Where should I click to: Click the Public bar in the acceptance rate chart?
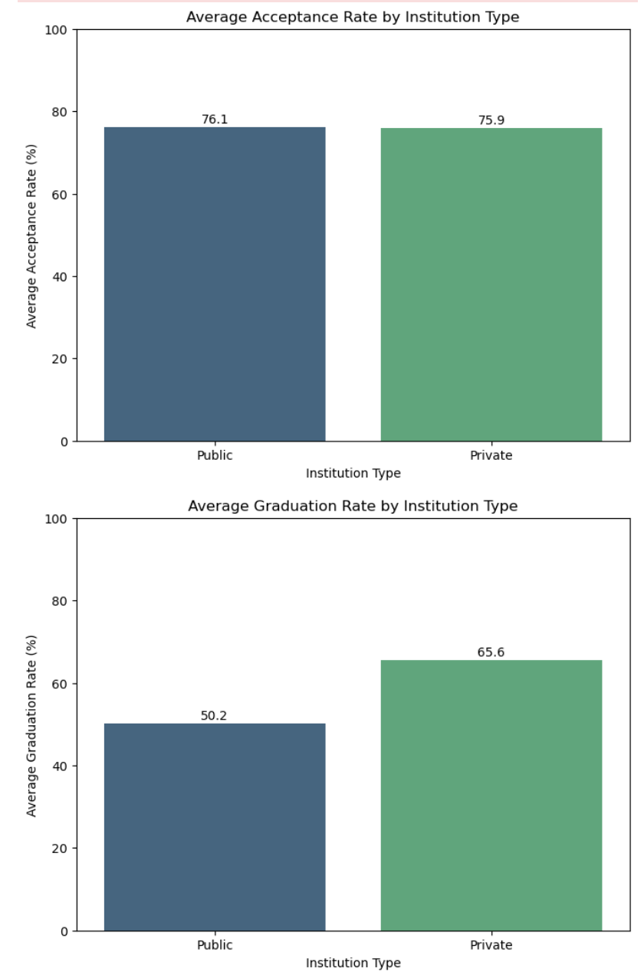[215, 284]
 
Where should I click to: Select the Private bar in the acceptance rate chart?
[491, 284]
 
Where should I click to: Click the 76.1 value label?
[215, 120]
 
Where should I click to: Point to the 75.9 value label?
[491, 120]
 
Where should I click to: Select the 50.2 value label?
[215, 716]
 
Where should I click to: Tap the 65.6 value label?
[491, 652]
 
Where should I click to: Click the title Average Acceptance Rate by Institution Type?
[353, 17]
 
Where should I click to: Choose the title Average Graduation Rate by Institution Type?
[353, 506]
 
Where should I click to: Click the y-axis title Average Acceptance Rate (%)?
[31, 235]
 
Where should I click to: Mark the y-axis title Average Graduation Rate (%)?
[31, 725]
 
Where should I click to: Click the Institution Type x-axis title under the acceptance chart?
[353, 473]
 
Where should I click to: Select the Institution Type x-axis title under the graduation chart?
[353, 962]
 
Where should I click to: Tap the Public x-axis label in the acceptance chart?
[215, 455]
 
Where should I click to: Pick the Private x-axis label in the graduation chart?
[491, 944]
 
